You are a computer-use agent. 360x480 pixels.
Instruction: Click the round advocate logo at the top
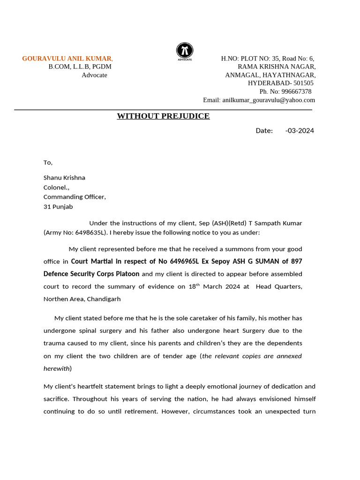pyautogui.click(x=185, y=51)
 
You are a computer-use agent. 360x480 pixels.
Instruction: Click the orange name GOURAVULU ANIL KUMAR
pyautogui.click(x=67, y=59)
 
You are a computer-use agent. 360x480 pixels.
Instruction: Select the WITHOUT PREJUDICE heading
pyautogui.click(x=163, y=116)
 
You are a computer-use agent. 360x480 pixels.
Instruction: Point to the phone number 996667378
pyautogui.click(x=296, y=91)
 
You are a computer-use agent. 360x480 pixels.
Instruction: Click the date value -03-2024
pyautogui.click(x=300, y=130)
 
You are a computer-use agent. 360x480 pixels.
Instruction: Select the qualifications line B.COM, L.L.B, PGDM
pyautogui.click(x=80, y=67)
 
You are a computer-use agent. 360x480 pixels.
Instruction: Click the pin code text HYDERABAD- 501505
pyautogui.click(x=281, y=83)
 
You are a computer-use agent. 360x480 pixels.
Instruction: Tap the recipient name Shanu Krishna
pyautogui.click(x=64, y=178)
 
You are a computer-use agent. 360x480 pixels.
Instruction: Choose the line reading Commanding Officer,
pyautogui.click(x=75, y=197)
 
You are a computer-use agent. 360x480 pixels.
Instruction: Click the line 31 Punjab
pyautogui.click(x=58, y=207)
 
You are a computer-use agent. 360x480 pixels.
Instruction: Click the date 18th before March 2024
pyautogui.click(x=193, y=286)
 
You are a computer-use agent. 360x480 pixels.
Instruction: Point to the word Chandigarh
pyautogui.click(x=104, y=299)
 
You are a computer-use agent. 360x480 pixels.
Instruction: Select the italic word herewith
pyautogui.click(x=56, y=368)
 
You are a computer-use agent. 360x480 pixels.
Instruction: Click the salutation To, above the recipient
pyautogui.click(x=48, y=163)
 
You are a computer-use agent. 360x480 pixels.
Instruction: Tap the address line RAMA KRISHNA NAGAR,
pyautogui.click(x=277, y=67)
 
